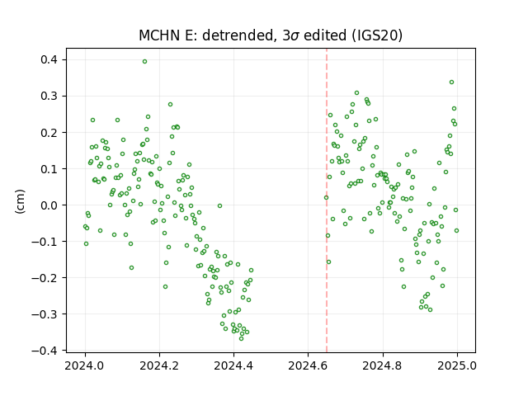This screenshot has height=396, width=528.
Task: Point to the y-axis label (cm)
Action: pyautogui.click(x=20, y=201)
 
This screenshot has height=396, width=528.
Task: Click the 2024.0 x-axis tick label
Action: pyautogui.click(x=85, y=365)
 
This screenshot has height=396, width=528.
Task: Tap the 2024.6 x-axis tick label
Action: pyautogui.click(x=308, y=365)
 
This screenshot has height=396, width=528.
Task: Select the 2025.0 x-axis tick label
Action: pyautogui.click(x=457, y=365)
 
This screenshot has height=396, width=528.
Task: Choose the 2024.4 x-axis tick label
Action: pyautogui.click(x=233, y=365)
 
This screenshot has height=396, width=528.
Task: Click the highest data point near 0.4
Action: pyautogui.click(x=145, y=62)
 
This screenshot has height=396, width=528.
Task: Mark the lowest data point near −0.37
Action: pyautogui.click(x=241, y=338)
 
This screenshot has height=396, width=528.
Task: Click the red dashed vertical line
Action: pyautogui.click(x=327, y=200)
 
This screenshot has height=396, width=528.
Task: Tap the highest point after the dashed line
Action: pyautogui.click(x=451, y=82)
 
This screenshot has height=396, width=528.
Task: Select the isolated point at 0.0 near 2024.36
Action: pyautogui.click(x=220, y=205)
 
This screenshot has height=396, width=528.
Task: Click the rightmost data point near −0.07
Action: pyautogui.click(x=456, y=231)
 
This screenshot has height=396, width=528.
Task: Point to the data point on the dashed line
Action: pyautogui.click(x=326, y=198)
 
